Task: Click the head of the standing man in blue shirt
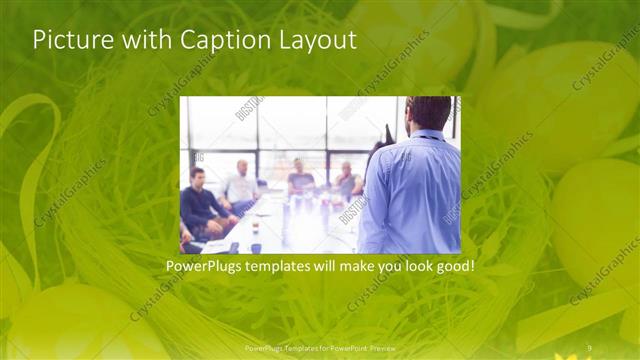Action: pyautogui.click(x=430, y=112)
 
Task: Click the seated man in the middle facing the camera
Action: pyautogui.click(x=300, y=178)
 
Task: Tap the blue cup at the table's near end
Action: pyautogui.click(x=256, y=247)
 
